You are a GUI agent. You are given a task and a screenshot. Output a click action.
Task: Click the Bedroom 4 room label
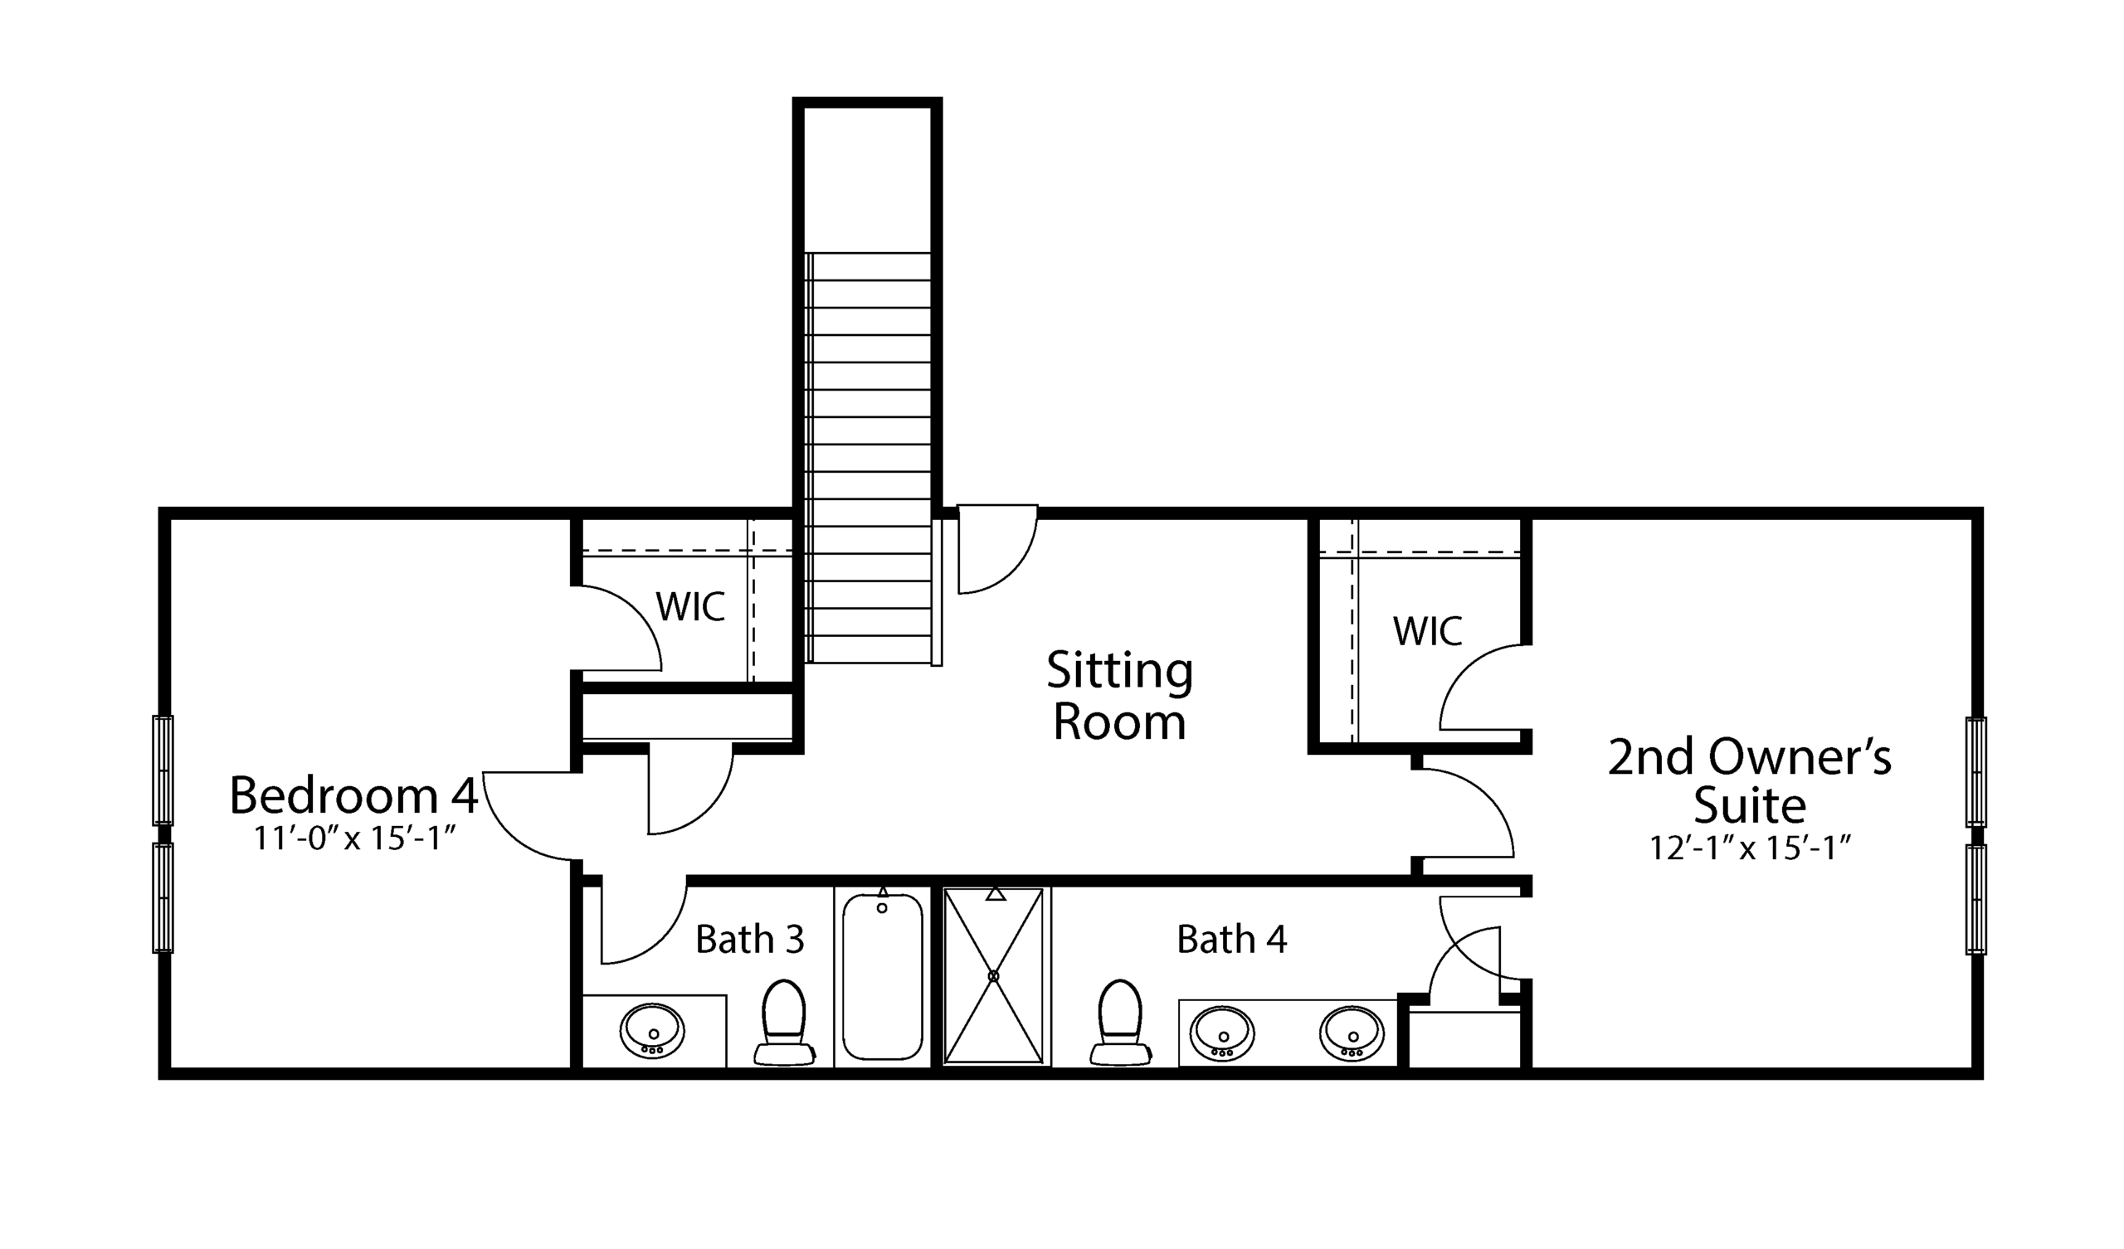pyautogui.click(x=354, y=795)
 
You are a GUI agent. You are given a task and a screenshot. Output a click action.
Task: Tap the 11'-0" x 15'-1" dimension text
pyautogui.click(x=355, y=839)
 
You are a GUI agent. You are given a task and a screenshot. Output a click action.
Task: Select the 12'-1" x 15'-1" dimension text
pyautogui.click(x=1749, y=848)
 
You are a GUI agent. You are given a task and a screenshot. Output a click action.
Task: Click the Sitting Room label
pyautogui.click(x=1119, y=696)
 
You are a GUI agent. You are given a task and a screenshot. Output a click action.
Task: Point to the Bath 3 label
pyautogui.click(x=749, y=939)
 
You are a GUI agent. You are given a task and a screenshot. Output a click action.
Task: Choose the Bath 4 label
pyautogui.click(x=1231, y=939)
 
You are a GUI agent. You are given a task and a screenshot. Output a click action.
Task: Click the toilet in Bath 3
pyautogui.click(x=784, y=1022)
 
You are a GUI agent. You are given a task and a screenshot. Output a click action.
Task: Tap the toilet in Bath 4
pyautogui.click(x=1120, y=1022)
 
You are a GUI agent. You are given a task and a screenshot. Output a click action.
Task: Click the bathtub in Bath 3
pyautogui.click(x=883, y=976)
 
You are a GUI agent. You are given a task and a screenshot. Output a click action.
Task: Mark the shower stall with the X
pyautogui.click(x=994, y=975)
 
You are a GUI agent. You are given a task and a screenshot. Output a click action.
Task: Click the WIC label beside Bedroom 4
pyautogui.click(x=690, y=607)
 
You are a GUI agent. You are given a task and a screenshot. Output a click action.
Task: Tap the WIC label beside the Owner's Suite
pyautogui.click(x=1427, y=631)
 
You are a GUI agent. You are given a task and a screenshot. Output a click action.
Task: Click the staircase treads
pyautogui.click(x=868, y=455)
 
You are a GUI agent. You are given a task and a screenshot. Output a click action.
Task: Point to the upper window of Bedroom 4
pyautogui.click(x=163, y=770)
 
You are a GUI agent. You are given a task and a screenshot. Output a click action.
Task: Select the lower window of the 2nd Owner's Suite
pyautogui.click(x=1975, y=900)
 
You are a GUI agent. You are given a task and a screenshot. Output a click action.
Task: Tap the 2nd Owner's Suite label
pyautogui.click(x=1749, y=780)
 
